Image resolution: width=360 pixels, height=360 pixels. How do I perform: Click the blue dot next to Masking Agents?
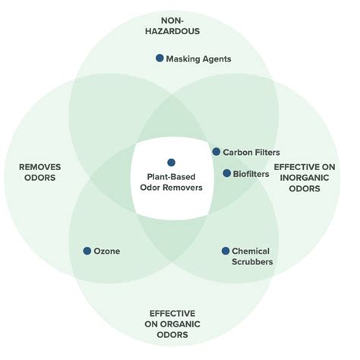tap(159, 58)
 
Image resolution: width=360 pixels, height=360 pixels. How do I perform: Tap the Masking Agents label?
tap(198, 58)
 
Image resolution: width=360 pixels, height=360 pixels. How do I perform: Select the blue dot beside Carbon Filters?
tap(216, 152)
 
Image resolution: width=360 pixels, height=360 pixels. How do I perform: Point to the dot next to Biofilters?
tap(226, 173)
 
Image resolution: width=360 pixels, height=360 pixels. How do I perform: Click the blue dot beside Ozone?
tap(87, 251)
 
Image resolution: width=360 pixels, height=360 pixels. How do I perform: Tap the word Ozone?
tap(107, 251)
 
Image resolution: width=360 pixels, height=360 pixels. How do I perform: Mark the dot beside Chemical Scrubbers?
tap(226, 251)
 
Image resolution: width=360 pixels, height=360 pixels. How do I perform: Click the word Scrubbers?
tap(252, 262)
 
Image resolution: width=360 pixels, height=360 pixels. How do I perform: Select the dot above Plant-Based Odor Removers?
tap(171, 162)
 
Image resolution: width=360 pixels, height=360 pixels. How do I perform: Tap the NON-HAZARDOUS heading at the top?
tap(173, 27)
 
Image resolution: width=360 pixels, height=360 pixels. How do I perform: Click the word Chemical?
tap(251, 251)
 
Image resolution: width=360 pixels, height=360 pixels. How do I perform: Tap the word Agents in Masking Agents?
tap(215, 58)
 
